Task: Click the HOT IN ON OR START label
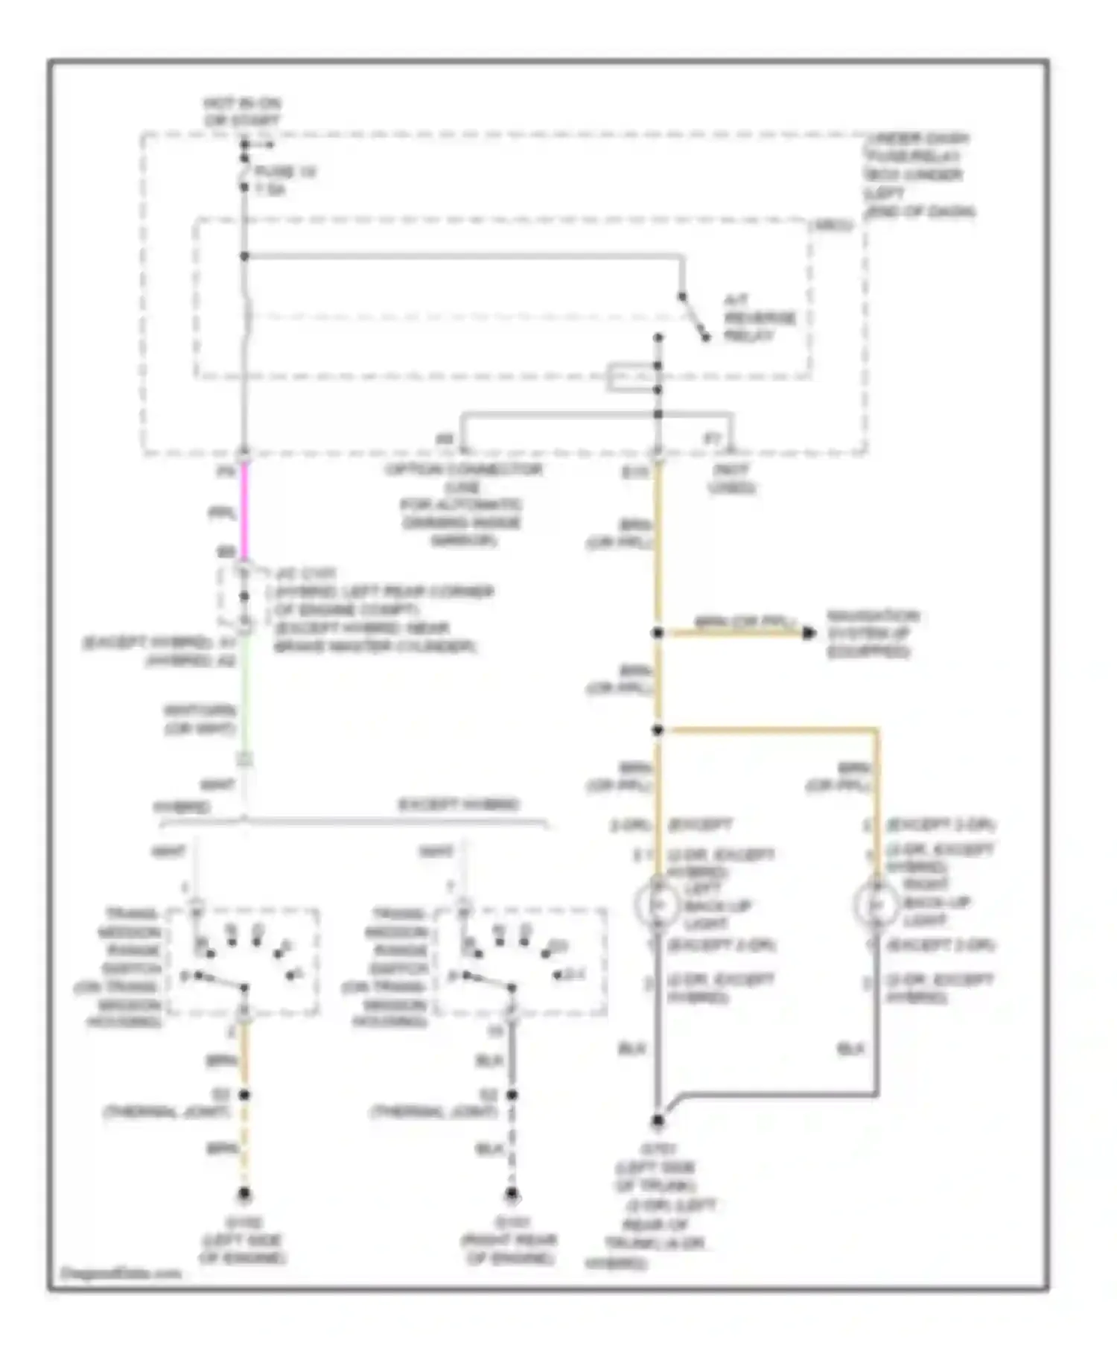pos(242,112)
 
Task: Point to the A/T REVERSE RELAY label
pos(759,318)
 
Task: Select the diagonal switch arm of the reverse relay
pos(694,318)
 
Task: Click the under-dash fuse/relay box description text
pos(919,175)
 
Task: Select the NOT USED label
pos(731,479)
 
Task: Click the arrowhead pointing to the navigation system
pos(809,633)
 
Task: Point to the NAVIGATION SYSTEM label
pos(873,634)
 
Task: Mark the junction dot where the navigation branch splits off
pos(658,633)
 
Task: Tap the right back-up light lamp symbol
pos(876,904)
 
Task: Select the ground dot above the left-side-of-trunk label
pos(658,1120)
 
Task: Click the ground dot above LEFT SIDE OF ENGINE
pos(244,1195)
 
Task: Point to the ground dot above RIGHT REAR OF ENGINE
pos(512,1195)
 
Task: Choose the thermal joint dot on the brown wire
pos(244,1095)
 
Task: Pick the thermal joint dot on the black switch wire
pos(512,1095)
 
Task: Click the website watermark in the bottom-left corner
pos(121,1274)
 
